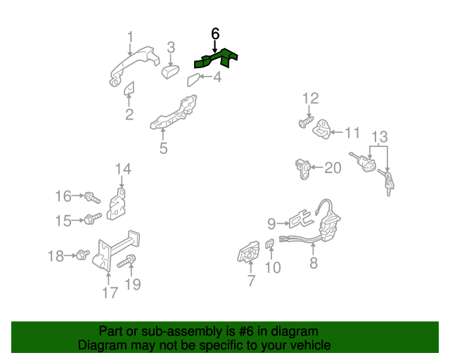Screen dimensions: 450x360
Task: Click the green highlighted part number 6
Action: click(215, 59)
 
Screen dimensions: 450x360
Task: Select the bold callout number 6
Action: click(215, 34)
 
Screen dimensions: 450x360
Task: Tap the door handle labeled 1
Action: click(133, 65)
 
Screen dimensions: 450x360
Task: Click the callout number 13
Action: click(380, 137)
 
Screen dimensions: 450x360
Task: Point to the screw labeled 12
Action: click(306, 122)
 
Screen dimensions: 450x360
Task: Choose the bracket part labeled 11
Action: click(321, 130)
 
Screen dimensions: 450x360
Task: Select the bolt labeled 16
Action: click(92, 198)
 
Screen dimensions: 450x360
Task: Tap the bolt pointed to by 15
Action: click(92, 219)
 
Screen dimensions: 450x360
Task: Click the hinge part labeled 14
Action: click(117, 205)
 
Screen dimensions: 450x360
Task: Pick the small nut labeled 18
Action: click(83, 255)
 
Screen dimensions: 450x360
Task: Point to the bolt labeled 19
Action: click(127, 262)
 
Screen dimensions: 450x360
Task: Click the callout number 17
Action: click(110, 292)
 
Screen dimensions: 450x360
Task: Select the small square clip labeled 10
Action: click(269, 244)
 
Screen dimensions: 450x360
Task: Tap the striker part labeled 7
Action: click(248, 252)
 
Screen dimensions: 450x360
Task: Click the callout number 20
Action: click(333, 167)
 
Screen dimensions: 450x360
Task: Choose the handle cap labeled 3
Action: click(170, 72)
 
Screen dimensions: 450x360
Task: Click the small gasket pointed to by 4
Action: click(193, 80)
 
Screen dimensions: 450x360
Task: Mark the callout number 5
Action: click(164, 148)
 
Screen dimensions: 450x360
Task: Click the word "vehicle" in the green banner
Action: click(309, 345)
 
